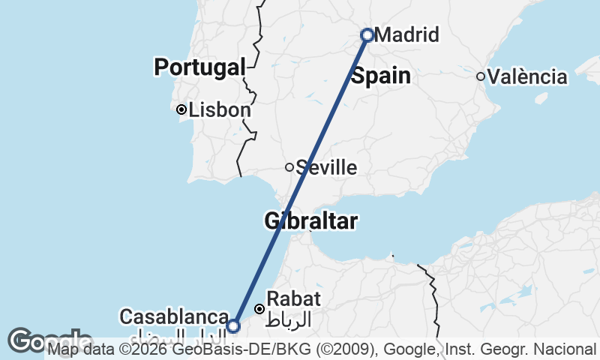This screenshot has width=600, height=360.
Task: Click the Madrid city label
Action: coord(406,35)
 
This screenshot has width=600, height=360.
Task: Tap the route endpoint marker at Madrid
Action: coord(367,34)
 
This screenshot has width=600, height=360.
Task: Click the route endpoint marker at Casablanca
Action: coord(233,325)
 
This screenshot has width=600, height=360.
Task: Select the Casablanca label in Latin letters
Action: coord(173,317)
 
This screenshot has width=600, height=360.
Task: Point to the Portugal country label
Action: coord(200,67)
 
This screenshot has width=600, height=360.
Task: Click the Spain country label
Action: coord(381,76)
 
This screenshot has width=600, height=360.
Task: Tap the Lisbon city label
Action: coord(219,110)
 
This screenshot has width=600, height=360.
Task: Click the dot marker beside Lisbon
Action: coord(181,109)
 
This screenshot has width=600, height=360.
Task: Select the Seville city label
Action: coord(326,167)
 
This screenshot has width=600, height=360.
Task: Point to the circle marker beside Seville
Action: coord(289,166)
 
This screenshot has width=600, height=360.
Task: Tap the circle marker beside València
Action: coord(480,76)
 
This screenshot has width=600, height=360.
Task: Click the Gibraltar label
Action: coord(310,221)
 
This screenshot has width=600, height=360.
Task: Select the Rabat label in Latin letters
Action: coord(294,299)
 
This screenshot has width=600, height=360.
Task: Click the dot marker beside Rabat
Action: coord(259,308)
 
